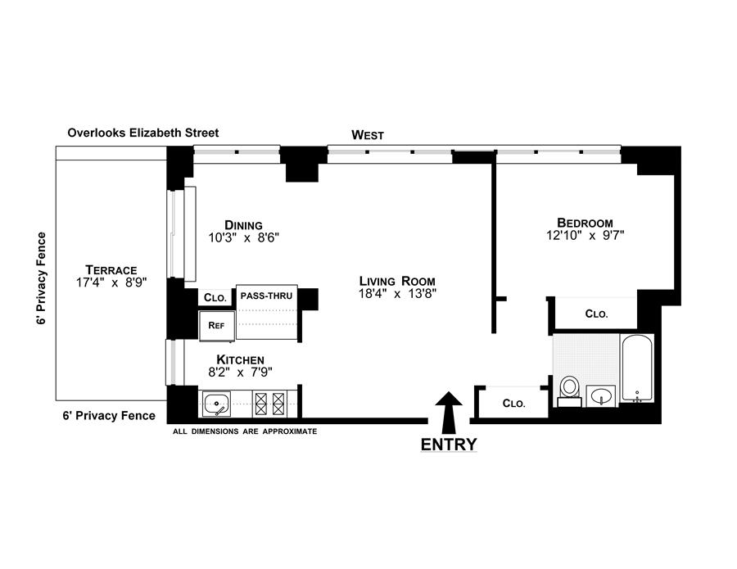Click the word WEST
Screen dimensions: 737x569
point(368,134)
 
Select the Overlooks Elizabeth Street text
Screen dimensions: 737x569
point(143,132)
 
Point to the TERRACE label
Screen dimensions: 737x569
point(111,269)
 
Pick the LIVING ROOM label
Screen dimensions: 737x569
point(397,281)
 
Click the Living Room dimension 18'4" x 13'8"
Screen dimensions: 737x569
point(397,294)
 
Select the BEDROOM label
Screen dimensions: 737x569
point(585,223)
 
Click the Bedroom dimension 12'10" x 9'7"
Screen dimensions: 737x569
point(585,236)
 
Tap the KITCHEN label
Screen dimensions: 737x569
point(240,359)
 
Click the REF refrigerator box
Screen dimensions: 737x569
point(217,325)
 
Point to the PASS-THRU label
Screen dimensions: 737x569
point(267,293)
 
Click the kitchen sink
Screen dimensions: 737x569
point(217,403)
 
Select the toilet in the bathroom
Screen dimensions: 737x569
point(569,389)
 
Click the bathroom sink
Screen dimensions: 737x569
point(602,397)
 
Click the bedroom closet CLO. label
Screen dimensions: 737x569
point(596,314)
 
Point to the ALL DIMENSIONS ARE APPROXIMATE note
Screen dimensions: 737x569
point(245,431)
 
